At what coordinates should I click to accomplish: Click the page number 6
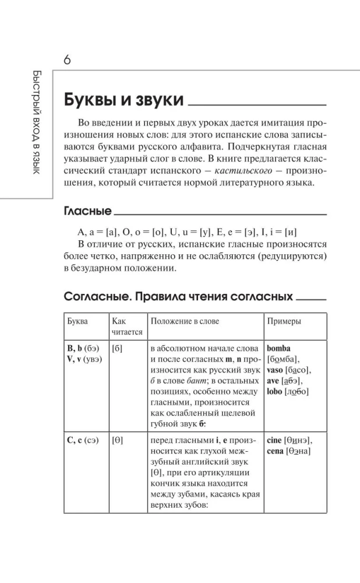tap(67, 60)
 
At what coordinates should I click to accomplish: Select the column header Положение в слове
tap(185, 321)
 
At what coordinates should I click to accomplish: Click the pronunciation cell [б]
tap(117, 349)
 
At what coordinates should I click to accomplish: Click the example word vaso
tap(276, 370)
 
